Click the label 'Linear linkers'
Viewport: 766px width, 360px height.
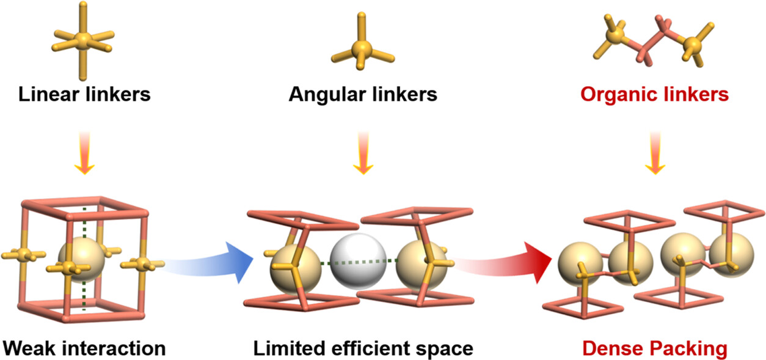84,95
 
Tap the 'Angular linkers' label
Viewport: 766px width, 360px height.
363,95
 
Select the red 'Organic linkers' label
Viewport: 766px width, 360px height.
654,95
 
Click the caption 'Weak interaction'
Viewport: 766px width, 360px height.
84,348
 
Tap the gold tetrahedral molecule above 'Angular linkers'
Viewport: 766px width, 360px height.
363,46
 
